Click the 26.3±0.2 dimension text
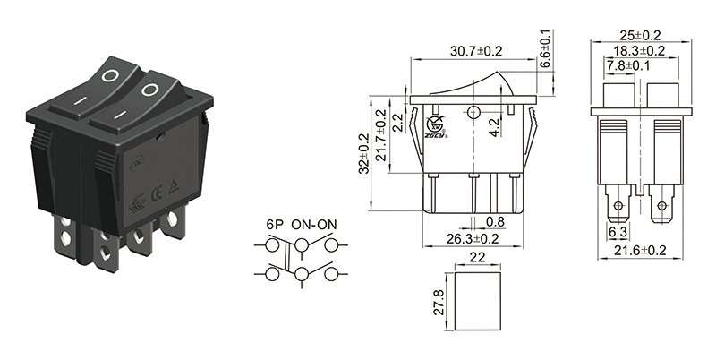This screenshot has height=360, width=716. [x=473, y=237]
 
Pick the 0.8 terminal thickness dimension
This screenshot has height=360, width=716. [x=494, y=221]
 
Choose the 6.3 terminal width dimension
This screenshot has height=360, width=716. [x=618, y=231]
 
